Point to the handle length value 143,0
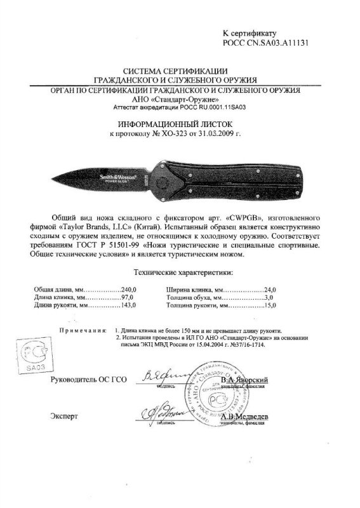(x=130, y=305)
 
